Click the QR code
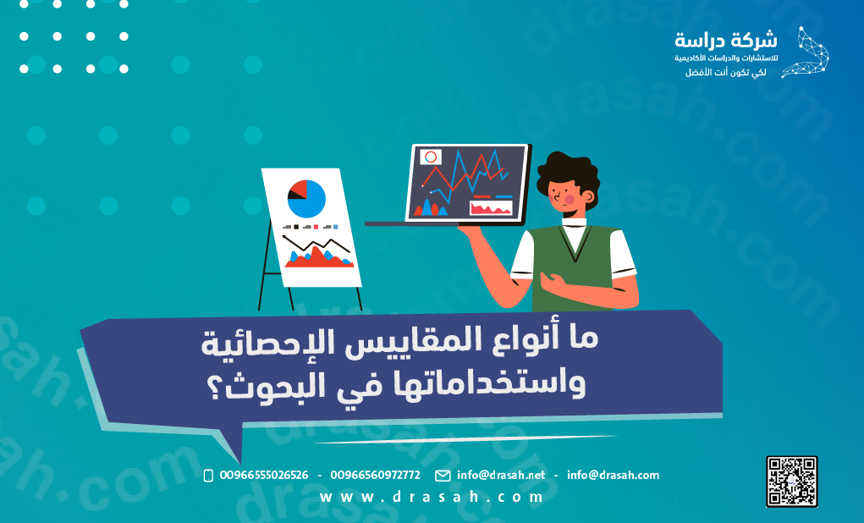(x=791, y=482)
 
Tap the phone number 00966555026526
(x=264, y=475)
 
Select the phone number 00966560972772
(x=375, y=475)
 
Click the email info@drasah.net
(x=501, y=475)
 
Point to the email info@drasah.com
(x=613, y=475)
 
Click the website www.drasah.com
(x=432, y=497)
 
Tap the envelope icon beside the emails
(x=443, y=476)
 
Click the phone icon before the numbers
(x=208, y=476)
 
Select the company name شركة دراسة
(x=726, y=41)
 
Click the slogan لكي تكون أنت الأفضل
(x=726, y=72)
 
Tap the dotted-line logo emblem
(x=806, y=52)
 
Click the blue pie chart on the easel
(x=306, y=198)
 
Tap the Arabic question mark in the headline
(x=214, y=389)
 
